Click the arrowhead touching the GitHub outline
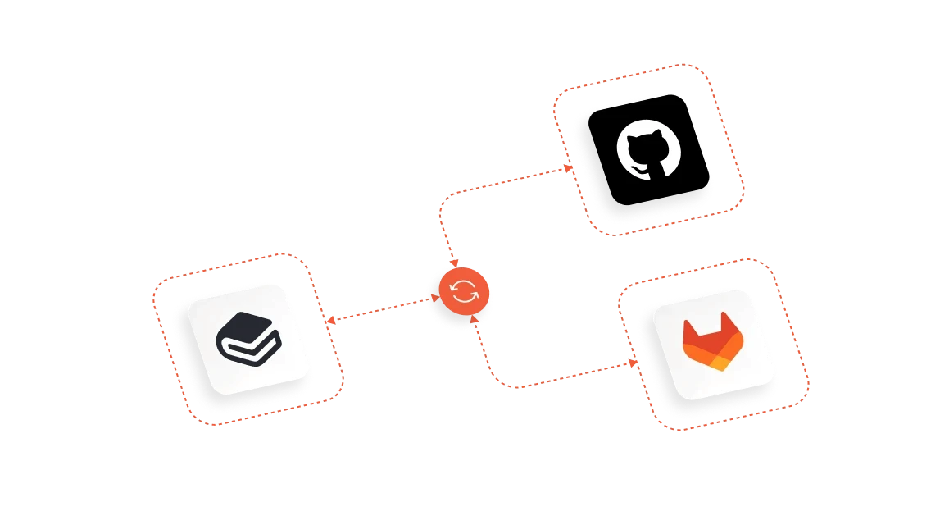(568, 167)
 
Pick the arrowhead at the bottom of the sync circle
(475, 321)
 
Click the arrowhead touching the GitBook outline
(329, 322)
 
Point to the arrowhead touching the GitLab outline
(635, 362)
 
